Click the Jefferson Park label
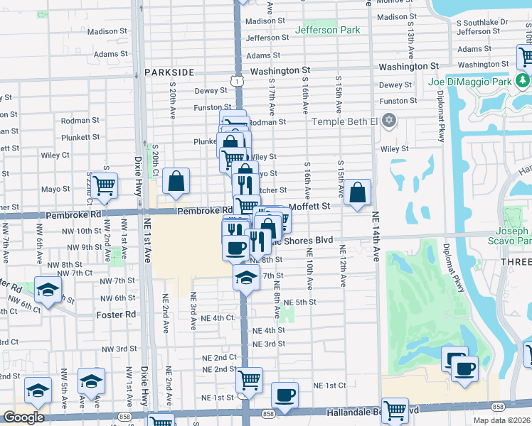(327, 31)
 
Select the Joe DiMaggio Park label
(470, 82)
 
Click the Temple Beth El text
(344, 121)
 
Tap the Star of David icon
(388, 121)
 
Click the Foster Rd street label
(116, 315)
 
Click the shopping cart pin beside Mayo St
(104, 185)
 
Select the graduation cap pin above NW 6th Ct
(48, 290)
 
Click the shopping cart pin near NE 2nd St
(249, 380)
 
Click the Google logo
(23, 417)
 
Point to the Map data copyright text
(501, 420)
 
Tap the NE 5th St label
(299, 302)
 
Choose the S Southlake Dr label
(484, 22)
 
